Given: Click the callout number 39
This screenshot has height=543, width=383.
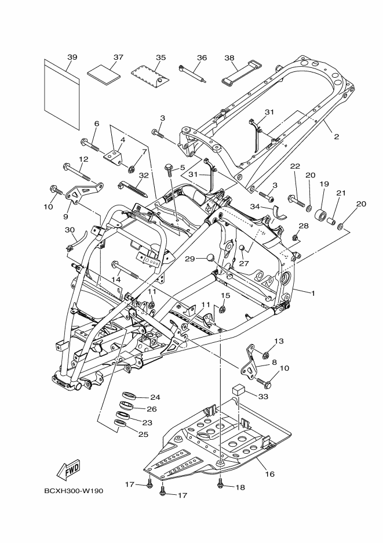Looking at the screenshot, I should pyautogui.click(x=72, y=57).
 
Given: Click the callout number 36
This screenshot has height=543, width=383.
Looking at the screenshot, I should pyautogui.click(x=202, y=57).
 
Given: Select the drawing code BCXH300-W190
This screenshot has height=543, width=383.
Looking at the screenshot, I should pyautogui.click(x=73, y=491).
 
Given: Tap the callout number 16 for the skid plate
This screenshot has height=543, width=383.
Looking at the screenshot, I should pyautogui.click(x=269, y=474).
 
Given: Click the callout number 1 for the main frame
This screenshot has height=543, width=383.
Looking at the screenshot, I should pyautogui.click(x=313, y=293).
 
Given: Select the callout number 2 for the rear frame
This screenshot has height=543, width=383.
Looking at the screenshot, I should pyautogui.click(x=336, y=137).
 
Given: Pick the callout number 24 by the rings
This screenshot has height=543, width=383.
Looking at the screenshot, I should pyautogui.click(x=155, y=397).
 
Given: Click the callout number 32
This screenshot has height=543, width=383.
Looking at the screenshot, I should pyautogui.click(x=144, y=175).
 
